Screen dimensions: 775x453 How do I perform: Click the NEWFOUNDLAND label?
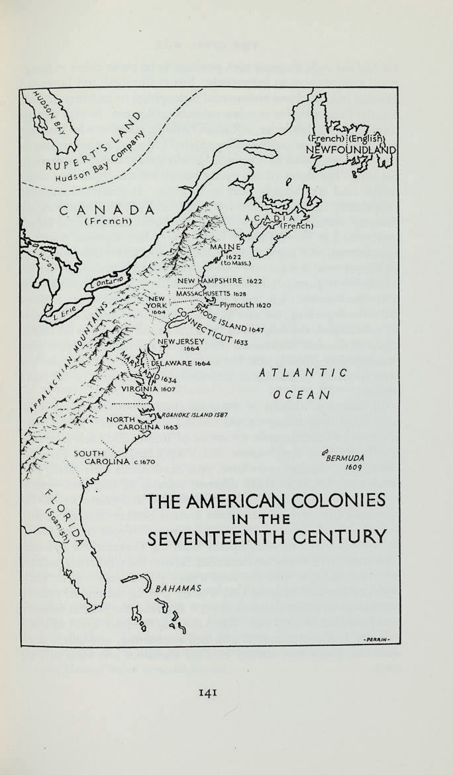click(350, 150)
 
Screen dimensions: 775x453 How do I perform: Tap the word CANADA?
click(107, 210)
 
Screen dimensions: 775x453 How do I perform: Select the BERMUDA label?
click(346, 458)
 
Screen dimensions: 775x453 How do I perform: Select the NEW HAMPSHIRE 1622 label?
click(221, 282)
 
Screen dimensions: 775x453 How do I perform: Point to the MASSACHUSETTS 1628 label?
click(211, 293)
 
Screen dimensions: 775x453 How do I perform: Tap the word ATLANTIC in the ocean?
click(304, 374)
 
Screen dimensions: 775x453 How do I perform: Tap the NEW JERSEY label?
click(176, 342)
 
